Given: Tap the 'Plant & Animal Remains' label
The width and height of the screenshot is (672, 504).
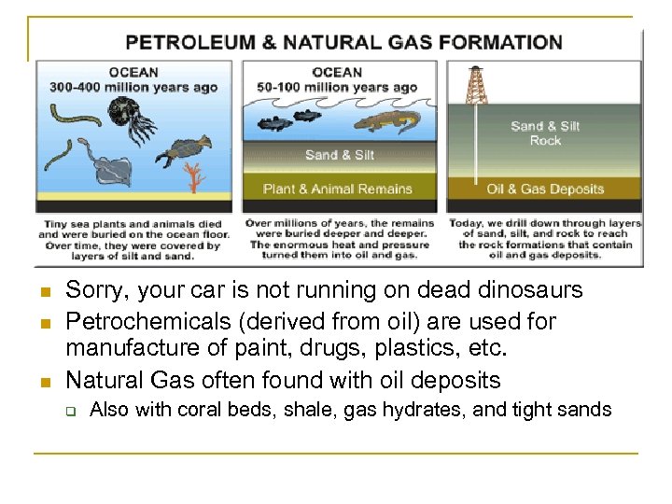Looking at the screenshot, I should coord(338,189).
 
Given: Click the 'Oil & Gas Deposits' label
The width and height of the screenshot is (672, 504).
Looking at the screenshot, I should coord(545,189).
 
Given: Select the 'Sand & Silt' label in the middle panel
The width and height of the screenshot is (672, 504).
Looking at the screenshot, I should coord(340,155).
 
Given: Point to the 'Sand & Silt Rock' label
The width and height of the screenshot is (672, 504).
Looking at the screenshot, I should coord(545,133).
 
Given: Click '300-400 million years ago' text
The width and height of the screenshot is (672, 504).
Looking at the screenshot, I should coord(134,88).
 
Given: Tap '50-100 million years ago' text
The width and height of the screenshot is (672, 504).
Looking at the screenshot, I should coord(338,88).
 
